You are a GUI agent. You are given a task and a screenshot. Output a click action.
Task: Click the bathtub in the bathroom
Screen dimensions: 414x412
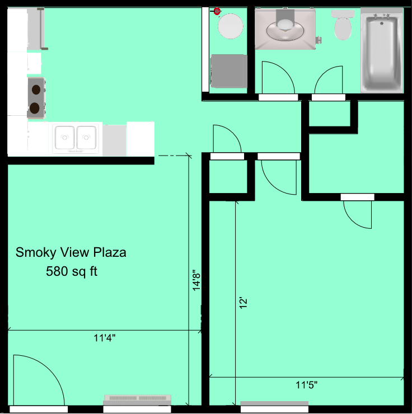pyautogui.click(x=382, y=53)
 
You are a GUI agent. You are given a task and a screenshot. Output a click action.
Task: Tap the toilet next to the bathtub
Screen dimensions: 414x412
pyautogui.click(x=342, y=25)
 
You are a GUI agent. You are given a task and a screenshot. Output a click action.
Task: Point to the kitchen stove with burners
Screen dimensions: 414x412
pyautogui.click(x=36, y=97)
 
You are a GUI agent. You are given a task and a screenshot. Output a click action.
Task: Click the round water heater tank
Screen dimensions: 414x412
pyautogui.click(x=230, y=25)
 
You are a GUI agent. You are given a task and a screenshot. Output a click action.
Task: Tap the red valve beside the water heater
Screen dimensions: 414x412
pyautogui.click(x=217, y=11)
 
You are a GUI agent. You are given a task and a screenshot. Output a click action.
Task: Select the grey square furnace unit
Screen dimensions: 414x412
pyautogui.click(x=228, y=70)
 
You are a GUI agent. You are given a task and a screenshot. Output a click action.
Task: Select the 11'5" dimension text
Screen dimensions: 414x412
pyautogui.click(x=307, y=385)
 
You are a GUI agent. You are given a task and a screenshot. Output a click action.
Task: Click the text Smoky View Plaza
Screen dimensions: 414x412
pyautogui.click(x=71, y=252)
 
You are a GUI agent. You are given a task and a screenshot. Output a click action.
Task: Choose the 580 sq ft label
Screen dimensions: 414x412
pyautogui.click(x=72, y=272)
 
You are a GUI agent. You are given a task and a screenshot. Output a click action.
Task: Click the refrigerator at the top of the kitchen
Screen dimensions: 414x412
pyautogui.click(x=26, y=29)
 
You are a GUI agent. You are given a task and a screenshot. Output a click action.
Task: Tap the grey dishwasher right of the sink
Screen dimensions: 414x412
pyautogui.click(x=115, y=140)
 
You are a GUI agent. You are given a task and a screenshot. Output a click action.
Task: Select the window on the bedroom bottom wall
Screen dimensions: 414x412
pyautogui.click(x=274, y=403)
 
